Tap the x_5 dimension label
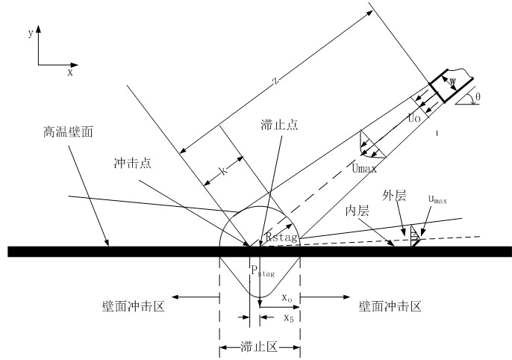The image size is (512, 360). [287, 317]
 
